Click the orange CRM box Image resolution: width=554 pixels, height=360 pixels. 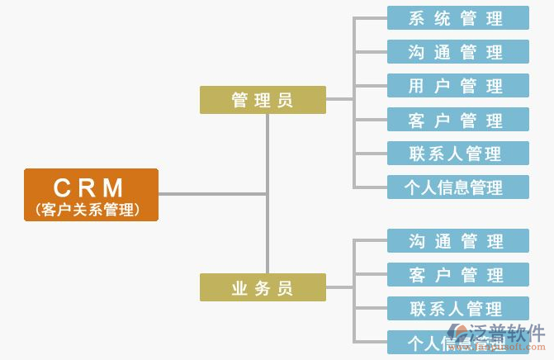click(91, 194)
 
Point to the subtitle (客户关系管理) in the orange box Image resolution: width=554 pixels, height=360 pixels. click(88, 210)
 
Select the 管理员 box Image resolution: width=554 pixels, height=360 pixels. click(263, 100)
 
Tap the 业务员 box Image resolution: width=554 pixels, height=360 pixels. click(263, 287)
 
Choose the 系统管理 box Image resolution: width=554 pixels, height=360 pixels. click(457, 18)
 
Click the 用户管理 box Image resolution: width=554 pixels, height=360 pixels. click(457, 86)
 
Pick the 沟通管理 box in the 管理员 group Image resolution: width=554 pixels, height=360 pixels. click(457, 52)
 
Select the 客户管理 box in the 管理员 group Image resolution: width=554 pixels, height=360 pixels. click(457, 120)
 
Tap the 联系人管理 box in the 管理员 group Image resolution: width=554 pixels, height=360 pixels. click(457, 154)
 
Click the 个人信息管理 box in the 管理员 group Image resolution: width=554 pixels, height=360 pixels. click(457, 187)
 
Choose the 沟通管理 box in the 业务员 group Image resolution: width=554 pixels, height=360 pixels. click(457, 241)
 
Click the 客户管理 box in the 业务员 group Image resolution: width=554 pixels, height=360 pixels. click(457, 275)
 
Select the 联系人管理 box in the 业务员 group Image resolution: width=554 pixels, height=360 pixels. click(457, 309)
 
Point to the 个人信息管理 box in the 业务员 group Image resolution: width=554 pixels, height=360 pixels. click(429, 342)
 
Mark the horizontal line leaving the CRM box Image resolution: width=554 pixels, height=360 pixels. click(211, 194)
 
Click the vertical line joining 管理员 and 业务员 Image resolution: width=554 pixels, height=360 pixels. click(267, 231)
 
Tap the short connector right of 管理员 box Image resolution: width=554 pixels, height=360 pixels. click(339, 100)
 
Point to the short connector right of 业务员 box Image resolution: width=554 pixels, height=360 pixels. click(339, 287)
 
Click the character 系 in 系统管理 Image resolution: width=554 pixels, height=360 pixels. click(418, 18)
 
